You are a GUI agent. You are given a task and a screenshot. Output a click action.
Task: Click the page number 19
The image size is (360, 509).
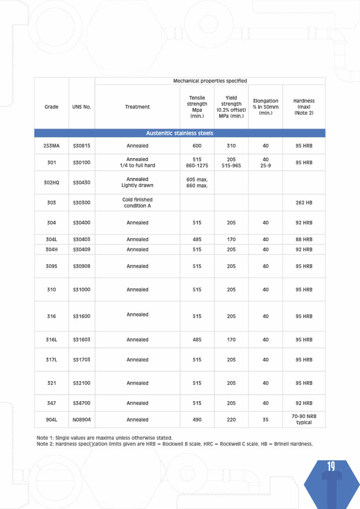click(331, 466)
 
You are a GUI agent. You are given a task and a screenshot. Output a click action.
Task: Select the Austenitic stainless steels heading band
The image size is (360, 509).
click(180, 133)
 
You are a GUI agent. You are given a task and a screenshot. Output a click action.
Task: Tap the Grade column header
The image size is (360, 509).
click(51, 107)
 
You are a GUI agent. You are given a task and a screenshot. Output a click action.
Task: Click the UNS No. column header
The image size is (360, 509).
click(82, 107)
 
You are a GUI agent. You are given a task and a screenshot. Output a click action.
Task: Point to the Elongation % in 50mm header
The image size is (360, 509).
click(266, 107)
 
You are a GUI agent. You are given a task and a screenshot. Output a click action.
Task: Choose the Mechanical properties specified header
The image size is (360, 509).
click(210, 81)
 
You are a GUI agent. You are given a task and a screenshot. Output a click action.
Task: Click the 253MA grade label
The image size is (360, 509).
click(51, 146)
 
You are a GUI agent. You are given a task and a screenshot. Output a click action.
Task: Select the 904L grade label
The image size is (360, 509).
click(51, 420)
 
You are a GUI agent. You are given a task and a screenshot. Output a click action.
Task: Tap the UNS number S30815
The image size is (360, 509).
click(82, 146)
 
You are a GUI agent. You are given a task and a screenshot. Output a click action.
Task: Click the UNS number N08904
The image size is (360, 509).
click(82, 420)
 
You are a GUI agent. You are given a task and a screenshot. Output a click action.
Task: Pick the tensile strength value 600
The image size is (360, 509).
click(197, 146)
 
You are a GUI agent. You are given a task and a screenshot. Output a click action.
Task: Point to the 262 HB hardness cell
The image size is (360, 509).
click(304, 203)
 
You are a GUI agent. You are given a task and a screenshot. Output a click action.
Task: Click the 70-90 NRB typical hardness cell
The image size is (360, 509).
click(304, 420)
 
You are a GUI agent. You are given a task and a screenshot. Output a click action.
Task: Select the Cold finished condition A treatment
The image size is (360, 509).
click(137, 203)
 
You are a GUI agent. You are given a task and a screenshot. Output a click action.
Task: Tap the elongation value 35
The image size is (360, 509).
click(266, 420)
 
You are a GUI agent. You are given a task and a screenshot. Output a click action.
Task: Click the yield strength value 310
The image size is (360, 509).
click(231, 146)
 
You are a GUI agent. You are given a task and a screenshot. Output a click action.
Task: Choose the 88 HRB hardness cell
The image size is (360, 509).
click(304, 240)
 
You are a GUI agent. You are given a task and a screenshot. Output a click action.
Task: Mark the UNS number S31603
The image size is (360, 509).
click(82, 340)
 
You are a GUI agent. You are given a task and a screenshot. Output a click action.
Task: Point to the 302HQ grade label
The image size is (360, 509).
click(51, 182)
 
